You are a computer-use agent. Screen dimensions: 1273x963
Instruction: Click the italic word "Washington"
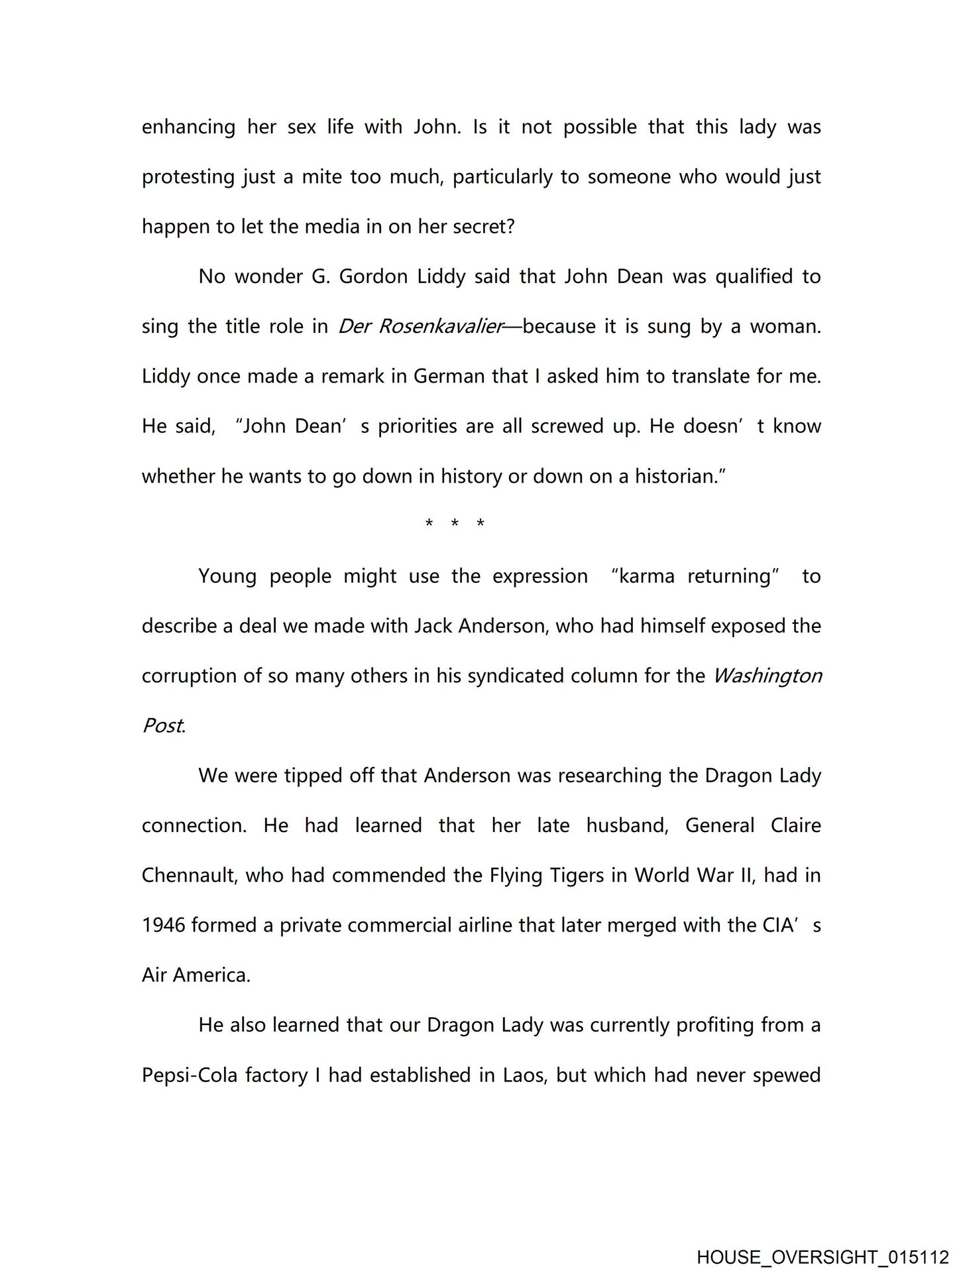pos(767,676)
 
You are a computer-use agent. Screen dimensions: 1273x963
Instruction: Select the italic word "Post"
pos(162,726)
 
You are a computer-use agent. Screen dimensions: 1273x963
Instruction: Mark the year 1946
pos(164,926)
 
